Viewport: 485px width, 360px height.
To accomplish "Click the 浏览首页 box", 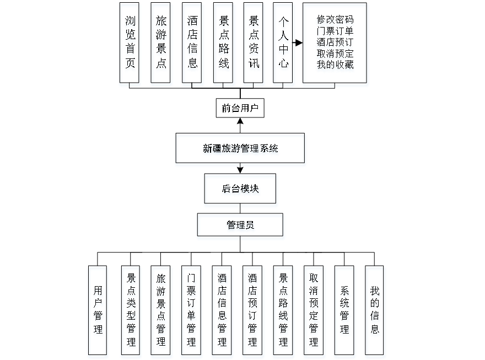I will click(x=130, y=45).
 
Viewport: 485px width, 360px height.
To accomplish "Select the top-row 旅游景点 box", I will click(x=161, y=45).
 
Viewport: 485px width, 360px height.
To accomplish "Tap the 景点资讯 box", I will click(x=254, y=45).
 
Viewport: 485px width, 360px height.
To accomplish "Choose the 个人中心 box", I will click(x=284, y=45).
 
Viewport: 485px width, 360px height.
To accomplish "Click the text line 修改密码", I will click(x=335, y=21).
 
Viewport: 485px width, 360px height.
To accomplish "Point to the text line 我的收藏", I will click(x=335, y=66).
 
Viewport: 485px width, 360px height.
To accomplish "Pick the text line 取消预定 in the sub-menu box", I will click(x=335, y=54).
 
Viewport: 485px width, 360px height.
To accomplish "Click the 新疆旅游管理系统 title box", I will click(x=240, y=149).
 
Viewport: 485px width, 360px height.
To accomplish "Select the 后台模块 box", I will click(x=241, y=190).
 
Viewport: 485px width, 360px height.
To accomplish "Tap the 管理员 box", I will click(x=241, y=227).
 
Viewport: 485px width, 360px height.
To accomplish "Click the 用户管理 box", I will click(x=98, y=311).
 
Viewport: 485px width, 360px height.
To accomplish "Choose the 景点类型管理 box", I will click(x=131, y=311).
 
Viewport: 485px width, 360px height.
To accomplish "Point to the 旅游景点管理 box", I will click(x=161, y=311).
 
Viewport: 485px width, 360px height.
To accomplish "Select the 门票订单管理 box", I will click(x=191, y=311).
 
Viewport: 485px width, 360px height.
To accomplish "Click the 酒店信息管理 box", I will click(x=222, y=311).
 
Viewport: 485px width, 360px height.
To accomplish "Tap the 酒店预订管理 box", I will click(x=253, y=311).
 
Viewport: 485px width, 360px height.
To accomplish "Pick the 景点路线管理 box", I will click(x=284, y=311).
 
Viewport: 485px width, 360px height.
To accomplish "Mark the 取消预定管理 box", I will click(x=314, y=311).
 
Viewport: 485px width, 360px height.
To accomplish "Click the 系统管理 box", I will click(x=345, y=311).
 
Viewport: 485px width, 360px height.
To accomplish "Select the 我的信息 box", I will click(x=375, y=311).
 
